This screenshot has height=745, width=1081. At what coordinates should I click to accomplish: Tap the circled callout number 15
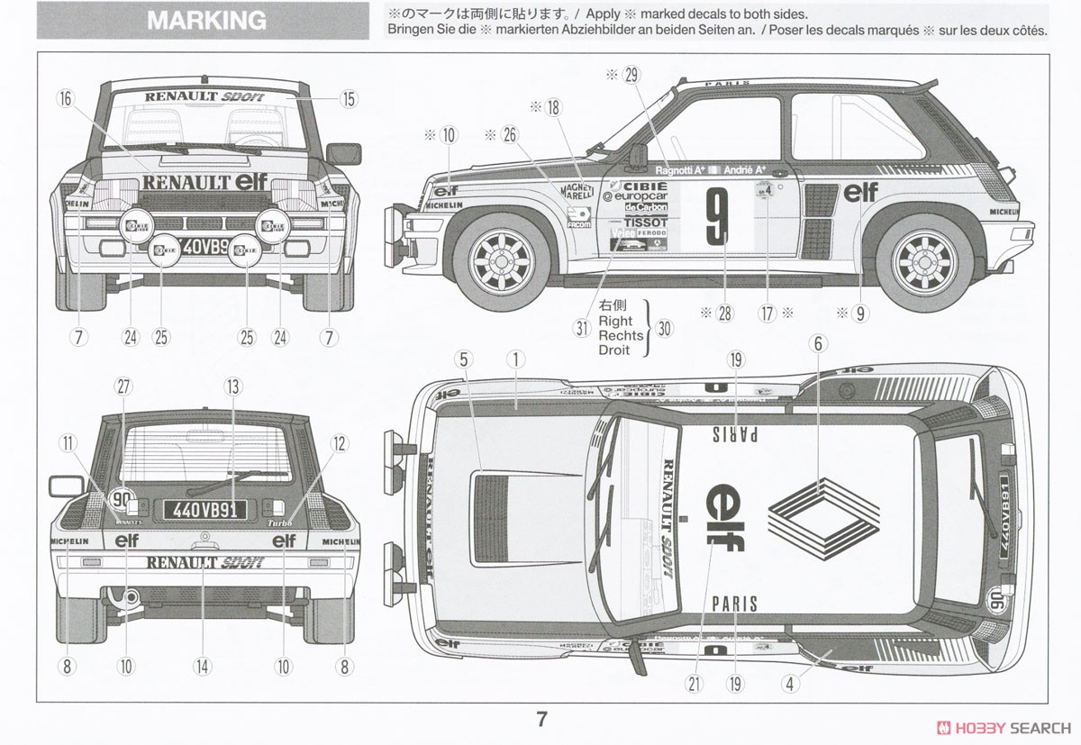349,100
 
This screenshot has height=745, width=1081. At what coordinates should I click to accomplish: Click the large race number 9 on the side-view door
716,216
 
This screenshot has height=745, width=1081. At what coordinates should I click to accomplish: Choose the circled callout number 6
818,342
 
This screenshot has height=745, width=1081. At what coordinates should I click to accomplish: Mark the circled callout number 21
694,684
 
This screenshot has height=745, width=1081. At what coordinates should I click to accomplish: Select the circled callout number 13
234,387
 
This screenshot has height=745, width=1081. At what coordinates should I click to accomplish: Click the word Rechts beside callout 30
621,335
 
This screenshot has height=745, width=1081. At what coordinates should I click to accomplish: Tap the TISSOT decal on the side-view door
646,222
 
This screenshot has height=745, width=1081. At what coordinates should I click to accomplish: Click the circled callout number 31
582,328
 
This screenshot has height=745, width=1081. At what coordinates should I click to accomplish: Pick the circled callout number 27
123,387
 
